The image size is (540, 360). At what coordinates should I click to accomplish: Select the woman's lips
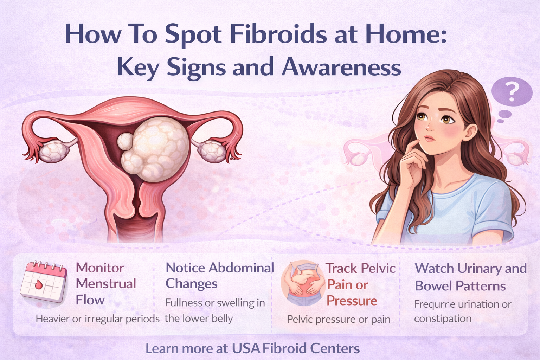coord(429,139)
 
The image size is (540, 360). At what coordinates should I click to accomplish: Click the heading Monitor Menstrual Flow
coord(106,284)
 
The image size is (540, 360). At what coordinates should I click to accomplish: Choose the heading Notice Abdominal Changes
coord(220,276)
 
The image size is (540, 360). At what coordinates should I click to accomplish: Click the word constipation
coord(443,319)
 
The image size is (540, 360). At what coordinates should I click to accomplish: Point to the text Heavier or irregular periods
coord(98,319)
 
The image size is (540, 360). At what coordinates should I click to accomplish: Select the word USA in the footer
coord(246,348)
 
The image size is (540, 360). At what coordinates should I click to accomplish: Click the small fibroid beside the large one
coord(125,141)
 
